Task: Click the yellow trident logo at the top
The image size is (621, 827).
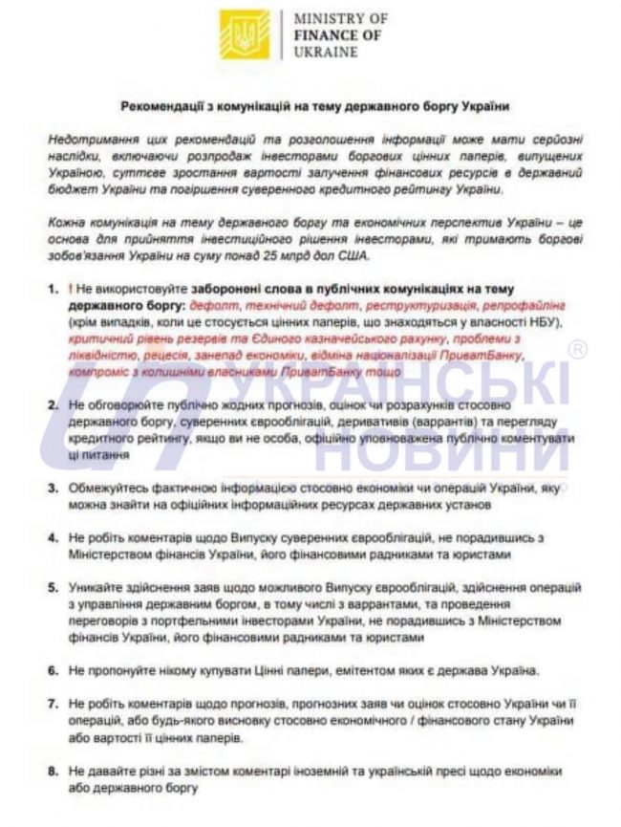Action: click(245, 34)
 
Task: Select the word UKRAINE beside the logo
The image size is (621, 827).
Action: click(325, 52)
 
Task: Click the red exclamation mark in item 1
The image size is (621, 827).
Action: click(71, 287)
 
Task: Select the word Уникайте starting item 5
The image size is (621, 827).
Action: click(96, 587)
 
